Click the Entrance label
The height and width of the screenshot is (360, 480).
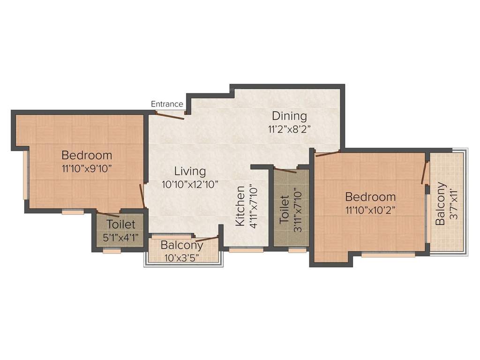[167, 104]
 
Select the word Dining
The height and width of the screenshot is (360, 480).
[289, 116]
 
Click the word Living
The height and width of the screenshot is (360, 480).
[190, 171]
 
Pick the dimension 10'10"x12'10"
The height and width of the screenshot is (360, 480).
[190, 184]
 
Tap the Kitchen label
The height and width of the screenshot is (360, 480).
[240, 206]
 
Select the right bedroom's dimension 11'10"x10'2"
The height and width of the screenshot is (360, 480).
[370, 210]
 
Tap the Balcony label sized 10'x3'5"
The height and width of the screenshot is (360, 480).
[182, 245]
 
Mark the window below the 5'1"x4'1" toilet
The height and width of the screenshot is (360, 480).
[112, 251]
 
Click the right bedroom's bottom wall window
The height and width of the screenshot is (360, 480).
[388, 255]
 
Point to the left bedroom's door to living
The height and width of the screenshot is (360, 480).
[142, 195]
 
